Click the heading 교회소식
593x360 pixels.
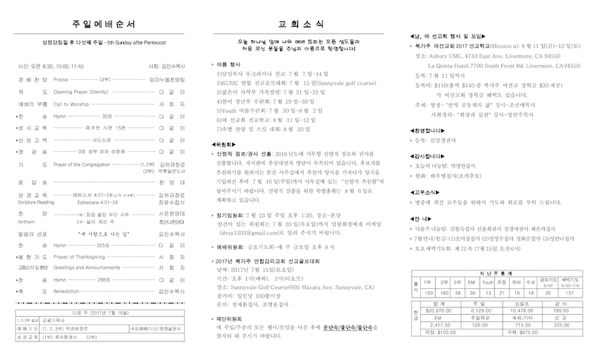pyautogui.click(x=297, y=17)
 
